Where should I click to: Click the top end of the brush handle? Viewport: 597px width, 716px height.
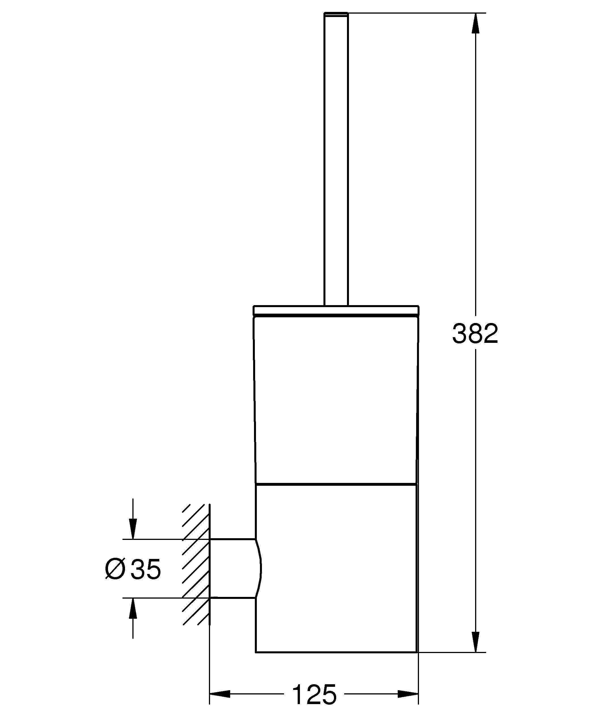(x=336, y=14)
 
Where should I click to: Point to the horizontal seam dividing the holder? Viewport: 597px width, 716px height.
(x=336, y=483)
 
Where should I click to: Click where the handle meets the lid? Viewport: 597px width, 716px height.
(x=336, y=305)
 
